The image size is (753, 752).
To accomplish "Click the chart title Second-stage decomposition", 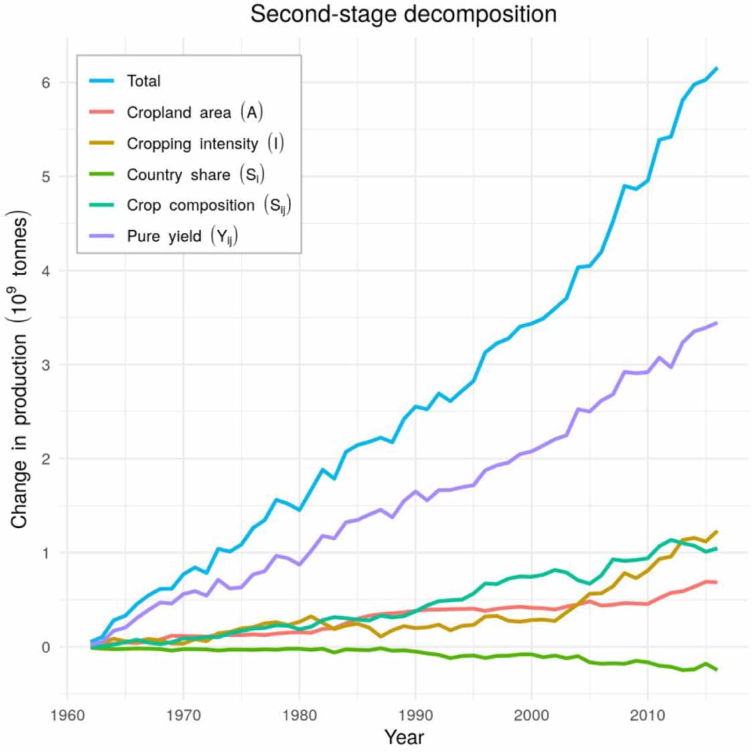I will (x=403, y=14).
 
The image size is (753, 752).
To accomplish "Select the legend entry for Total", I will (x=143, y=81).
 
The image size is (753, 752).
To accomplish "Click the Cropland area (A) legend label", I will (x=194, y=112).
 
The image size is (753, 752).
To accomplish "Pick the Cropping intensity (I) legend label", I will (x=205, y=144).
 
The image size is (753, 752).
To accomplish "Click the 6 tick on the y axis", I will (x=46, y=82).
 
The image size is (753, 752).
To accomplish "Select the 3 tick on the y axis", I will (x=46, y=365).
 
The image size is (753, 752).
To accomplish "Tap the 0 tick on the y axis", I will (x=46, y=647).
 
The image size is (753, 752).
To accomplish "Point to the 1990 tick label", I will (x=416, y=714).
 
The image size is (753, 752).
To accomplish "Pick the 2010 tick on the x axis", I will (x=647, y=714).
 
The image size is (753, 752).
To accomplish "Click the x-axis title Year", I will (x=404, y=737).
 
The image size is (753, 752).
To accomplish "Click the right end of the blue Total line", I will (x=717, y=68).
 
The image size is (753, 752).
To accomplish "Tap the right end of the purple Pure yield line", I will (x=717, y=323).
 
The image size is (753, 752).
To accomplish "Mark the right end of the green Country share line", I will (x=717, y=669).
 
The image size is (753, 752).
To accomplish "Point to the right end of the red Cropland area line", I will (x=717, y=582).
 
